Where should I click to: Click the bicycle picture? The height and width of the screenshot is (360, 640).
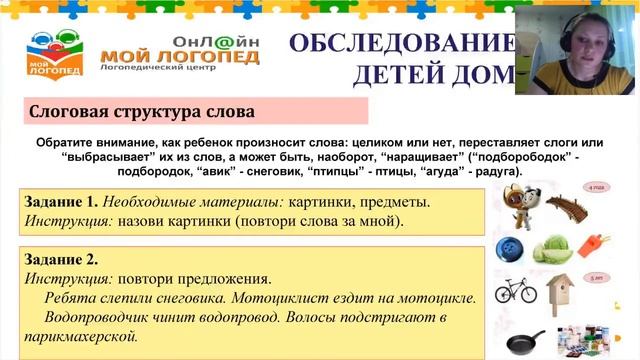516,291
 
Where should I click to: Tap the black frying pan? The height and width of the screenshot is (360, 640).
526,341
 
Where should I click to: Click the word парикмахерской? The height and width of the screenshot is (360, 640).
87,336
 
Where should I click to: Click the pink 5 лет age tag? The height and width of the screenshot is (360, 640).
597,277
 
